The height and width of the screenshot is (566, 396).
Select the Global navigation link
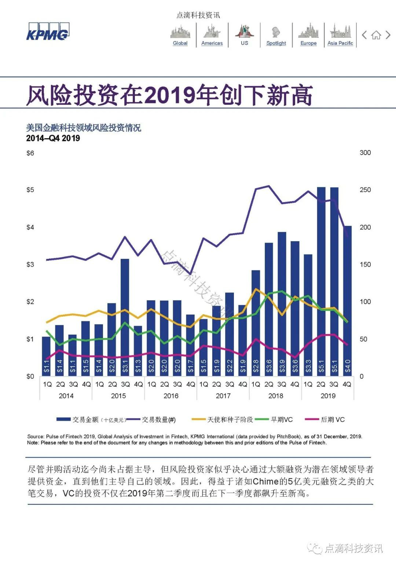coord(180,43)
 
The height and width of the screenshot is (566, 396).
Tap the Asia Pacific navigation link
coord(340,43)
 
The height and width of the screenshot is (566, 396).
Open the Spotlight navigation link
coord(276,43)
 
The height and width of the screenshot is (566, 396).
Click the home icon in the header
coord(376,36)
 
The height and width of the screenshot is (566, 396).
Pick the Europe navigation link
coord(308,43)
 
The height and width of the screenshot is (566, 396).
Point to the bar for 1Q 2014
coord(46,356)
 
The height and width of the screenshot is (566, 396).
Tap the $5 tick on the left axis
coord(30,190)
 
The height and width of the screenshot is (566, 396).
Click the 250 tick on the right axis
coord(365,190)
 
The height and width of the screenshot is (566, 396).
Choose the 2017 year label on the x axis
coord(223,396)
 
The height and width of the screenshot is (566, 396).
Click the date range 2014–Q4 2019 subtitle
coord(53,138)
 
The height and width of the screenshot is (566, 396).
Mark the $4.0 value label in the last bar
coord(348,366)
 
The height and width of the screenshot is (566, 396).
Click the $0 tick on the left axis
coord(30,376)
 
